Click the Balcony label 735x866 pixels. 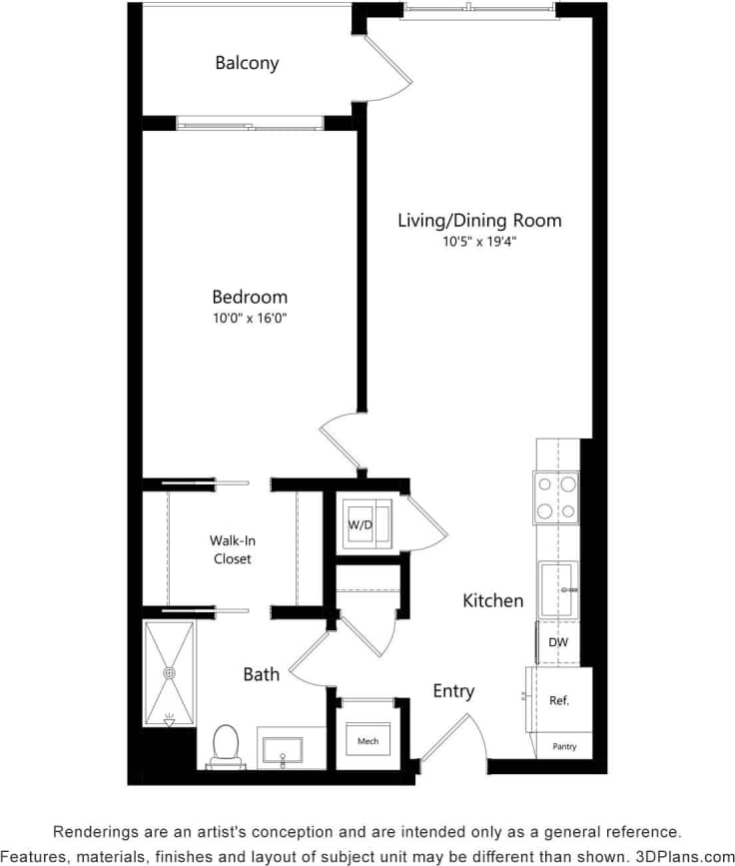[247, 63]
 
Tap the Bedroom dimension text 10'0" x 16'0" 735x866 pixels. [249, 319]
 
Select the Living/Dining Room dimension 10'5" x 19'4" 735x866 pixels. [479, 242]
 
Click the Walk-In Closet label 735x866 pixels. [232, 549]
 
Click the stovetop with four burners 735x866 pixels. [557, 496]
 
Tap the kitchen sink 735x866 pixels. [558, 589]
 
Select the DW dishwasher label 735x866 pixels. [558, 642]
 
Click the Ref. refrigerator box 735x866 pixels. [559, 700]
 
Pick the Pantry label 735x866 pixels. [564, 746]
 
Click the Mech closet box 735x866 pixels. [367, 741]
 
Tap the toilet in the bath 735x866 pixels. [225, 745]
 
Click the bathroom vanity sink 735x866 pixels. [285, 748]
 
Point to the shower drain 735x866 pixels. [169, 673]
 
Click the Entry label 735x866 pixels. [453, 690]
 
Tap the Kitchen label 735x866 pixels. [492, 600]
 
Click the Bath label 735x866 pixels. [262, 674]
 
